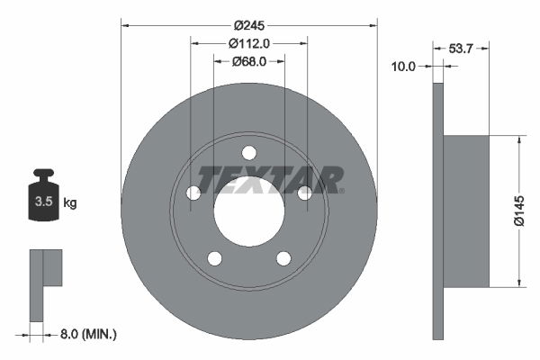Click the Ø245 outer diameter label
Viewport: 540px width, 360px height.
(x=249, y=27)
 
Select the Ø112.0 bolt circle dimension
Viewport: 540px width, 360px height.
(x=249, y=44)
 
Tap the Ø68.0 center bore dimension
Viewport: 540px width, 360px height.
(x=249, y=62)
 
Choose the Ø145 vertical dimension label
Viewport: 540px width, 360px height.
(x=519, y=211)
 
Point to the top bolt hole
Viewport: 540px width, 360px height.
(x=249, y=152)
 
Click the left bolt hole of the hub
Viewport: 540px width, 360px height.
(x=193, y=193)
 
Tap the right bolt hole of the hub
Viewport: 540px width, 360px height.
(x=305, y=193)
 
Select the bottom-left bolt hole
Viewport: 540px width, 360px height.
(x=214, y=259)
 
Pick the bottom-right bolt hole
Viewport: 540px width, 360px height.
(x=283, y=259)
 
